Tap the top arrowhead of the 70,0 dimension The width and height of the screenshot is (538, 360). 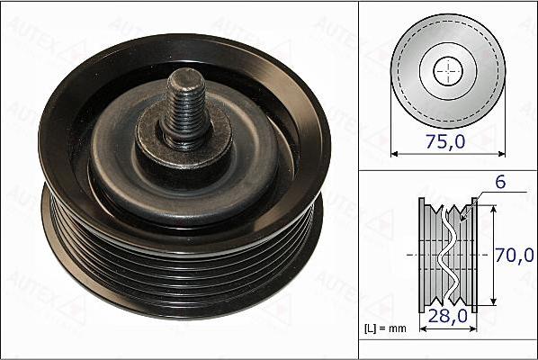click(x=493, y=206)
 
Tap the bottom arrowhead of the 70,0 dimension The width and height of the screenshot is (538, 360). click(x=493, y=305)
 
